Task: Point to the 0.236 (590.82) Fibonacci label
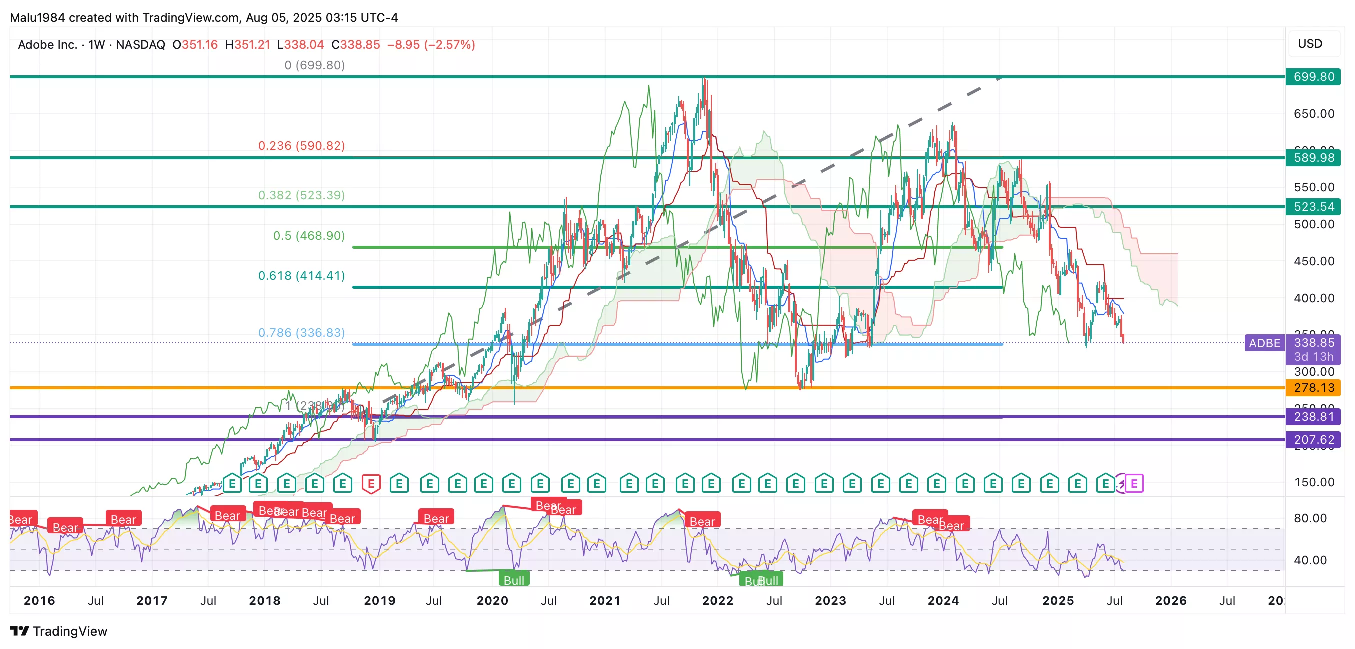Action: (x=301, y=145)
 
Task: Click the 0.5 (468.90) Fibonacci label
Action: (x=309, y=235)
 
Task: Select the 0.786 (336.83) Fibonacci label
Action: (x=301, y=333)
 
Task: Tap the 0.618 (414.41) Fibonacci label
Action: (x=301, y=275)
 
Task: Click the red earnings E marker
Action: (x=371, y=483)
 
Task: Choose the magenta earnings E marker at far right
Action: (x=1134, y=483)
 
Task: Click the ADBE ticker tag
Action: (x=1264, y=343)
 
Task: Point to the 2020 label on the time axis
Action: (x=492, y=600)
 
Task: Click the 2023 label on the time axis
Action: (x=830, y=600)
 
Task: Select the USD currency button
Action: (x=1310, y=44)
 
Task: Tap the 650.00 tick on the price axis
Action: (x=1314, y=114)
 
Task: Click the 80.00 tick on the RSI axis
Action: (x=1310, y=518)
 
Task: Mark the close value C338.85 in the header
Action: (x=355, y=45)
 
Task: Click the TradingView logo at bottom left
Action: (x=59, y=631)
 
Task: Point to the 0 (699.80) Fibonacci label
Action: (x=314, y=65)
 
